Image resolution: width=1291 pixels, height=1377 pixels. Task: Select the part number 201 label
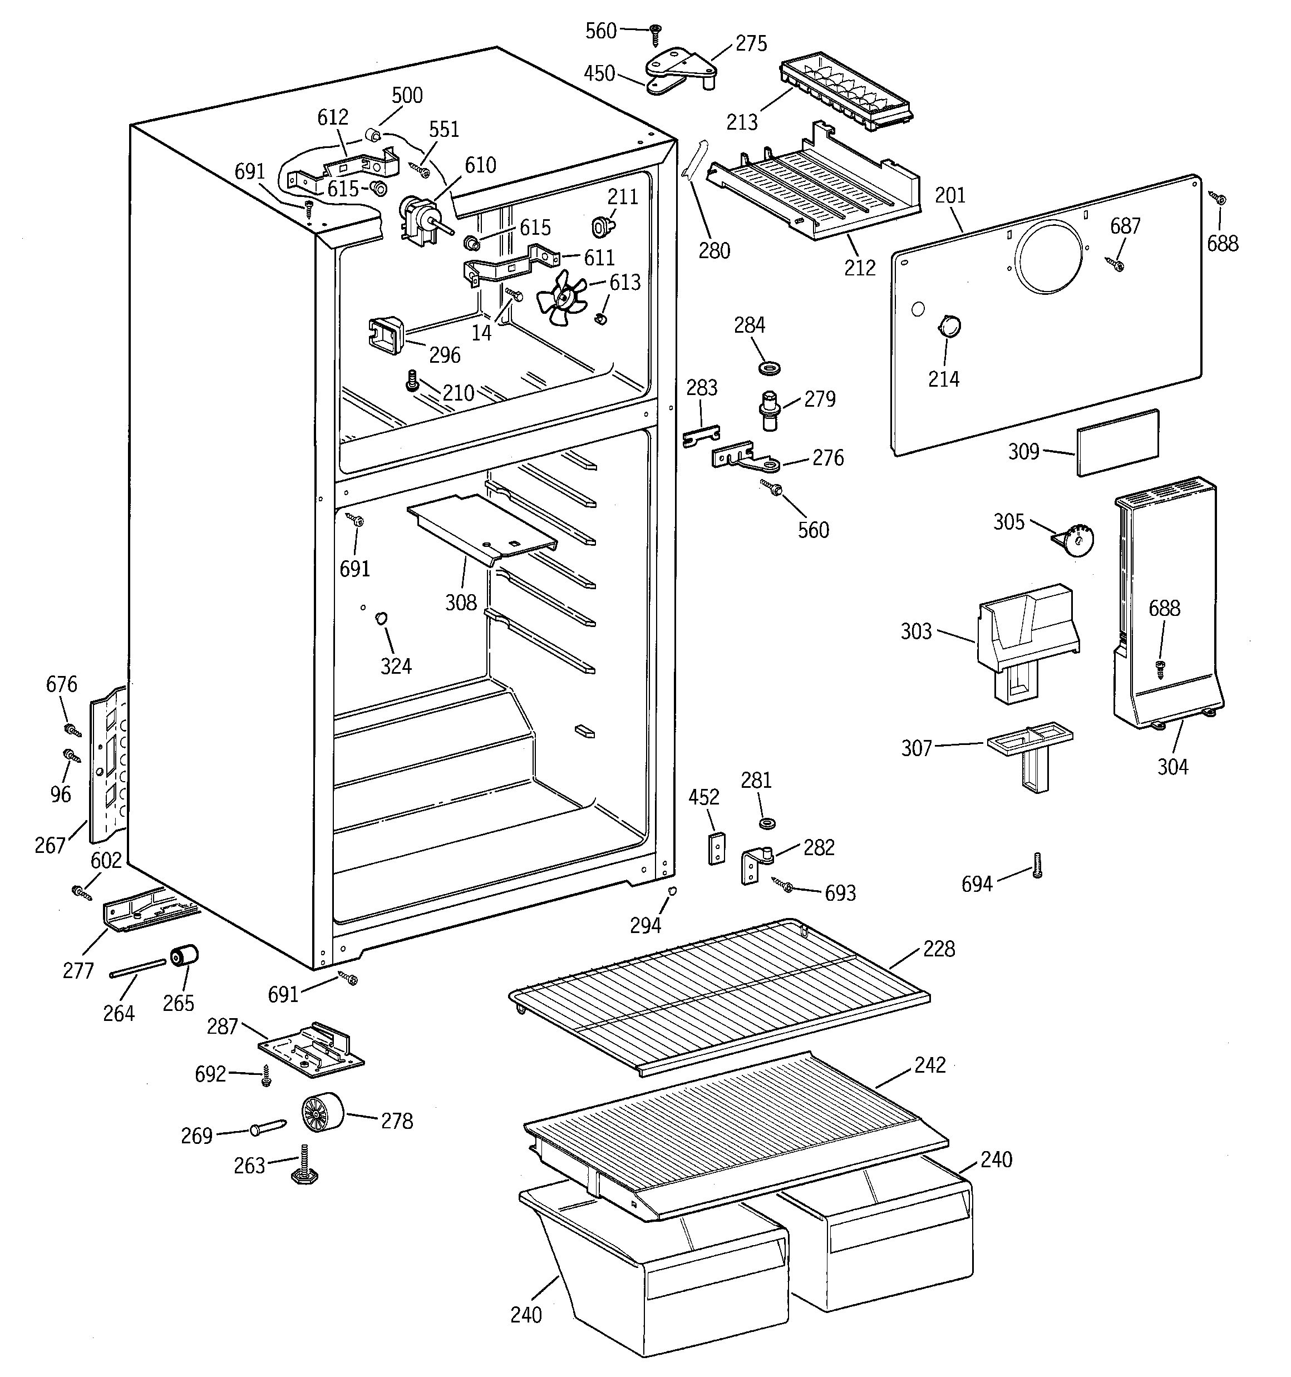pyautogui.click(x=949, y=196)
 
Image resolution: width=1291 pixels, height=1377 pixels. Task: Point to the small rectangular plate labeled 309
pyautogui.click(x=1117, y=443)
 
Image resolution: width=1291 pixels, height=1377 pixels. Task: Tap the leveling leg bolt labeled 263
pyautogui.click(x=305, y=1168)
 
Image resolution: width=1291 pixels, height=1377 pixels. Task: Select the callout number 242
pyautogui.click(x=929, y=1065)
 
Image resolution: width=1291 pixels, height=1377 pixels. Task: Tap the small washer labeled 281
pyautogui.click(x=766, y=823)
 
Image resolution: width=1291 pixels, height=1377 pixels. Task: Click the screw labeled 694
pyautogui.click(x=1037, y=866)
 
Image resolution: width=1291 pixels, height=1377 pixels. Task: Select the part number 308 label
pyautogui.click(x=461, y=602)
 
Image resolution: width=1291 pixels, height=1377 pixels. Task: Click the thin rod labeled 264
pyautogui.click(x=137, y=968)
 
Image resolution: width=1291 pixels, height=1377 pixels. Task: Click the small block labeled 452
pyautogui.click(x=716, y=848)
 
